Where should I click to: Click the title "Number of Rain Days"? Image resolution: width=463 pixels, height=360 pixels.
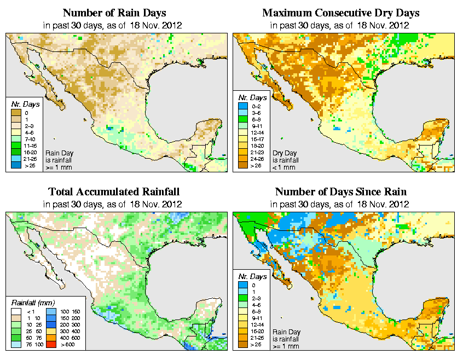point(114,13)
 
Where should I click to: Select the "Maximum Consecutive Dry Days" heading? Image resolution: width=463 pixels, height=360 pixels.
point(341,13)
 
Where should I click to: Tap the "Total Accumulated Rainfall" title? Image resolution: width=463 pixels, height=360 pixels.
point(114,192)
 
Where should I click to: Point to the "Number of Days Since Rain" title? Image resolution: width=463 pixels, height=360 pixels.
point(341,192)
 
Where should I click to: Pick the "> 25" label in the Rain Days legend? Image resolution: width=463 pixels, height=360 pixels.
point(27,165)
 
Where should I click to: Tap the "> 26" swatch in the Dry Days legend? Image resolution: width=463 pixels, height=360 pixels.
point(241,165)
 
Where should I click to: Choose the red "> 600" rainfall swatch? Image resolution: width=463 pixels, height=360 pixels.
point(50,345)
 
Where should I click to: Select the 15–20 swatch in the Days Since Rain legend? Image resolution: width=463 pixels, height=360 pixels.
point(241,332)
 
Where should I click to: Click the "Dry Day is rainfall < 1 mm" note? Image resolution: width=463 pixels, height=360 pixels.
point(287,160)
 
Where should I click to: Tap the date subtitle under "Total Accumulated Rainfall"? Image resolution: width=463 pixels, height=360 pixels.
point(114,204)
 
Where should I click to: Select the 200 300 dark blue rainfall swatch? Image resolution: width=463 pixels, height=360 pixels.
point(50,325)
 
